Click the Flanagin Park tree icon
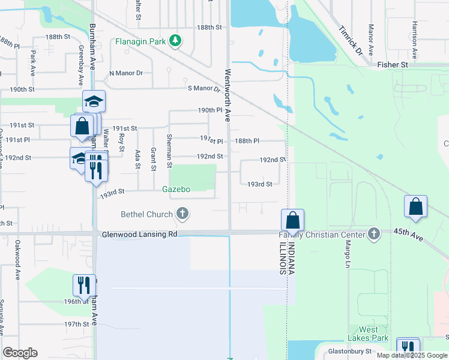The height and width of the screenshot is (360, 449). [x=175, y=41]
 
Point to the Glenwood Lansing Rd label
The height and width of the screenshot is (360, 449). [x=139, y=234]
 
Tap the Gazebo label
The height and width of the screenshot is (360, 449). [x=176, y=189]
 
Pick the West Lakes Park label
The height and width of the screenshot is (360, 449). [x=369, y=334]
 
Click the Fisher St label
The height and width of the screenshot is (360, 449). [x=393, y=64]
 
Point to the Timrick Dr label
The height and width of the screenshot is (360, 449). [x=351, y=40]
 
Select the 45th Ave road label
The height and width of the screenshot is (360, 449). [x=409, y=235]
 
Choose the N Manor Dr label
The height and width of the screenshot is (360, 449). [x=126, y=73]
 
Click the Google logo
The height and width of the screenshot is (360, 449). [x=20, y=353]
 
